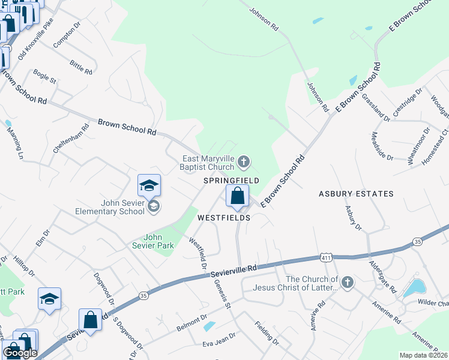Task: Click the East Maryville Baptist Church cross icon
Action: pos(244,161)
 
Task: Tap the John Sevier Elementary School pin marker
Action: pos(149,185)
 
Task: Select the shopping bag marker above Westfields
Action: pos(238,196)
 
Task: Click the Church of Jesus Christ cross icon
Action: pos(347,282)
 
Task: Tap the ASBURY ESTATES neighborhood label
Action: pos(356,194)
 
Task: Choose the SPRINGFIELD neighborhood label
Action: pos(231,180)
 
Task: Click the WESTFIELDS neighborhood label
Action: pos(224,218)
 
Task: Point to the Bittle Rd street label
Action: pos(80,66)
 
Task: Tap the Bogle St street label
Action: pos(45,76)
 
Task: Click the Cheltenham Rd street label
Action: pos(71,138)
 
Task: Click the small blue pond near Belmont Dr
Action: pos(209,326)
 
